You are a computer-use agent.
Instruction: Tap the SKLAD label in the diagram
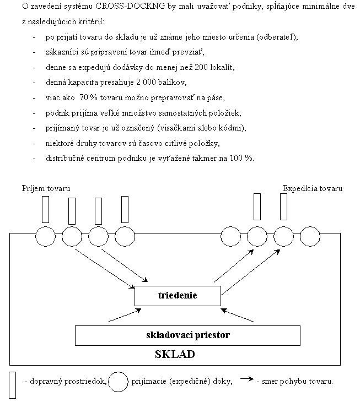pyautogui.click(x=175, y=354)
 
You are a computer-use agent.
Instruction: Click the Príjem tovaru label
pyautogui.click(x=46, y=188)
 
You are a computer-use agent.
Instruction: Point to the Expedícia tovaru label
pyautogui.click(x=313, y=188)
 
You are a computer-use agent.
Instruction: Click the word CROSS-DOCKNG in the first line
pyautogui.click(x=130, y=6)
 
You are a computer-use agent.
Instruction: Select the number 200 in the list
pyautogui.click(x=201, y=67)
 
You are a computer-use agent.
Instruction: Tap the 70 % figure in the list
pyautogui.click(x=89, y=97)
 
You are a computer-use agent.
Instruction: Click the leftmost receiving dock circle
pyautogui.click(x=45, y=226)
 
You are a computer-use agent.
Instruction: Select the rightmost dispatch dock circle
pyautogui.click(x=310, y=226)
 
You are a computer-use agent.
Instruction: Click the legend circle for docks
pyautogui.click(x=118, y=372)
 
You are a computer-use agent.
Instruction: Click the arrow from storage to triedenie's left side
pyautogui.click(x=125, y=316)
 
